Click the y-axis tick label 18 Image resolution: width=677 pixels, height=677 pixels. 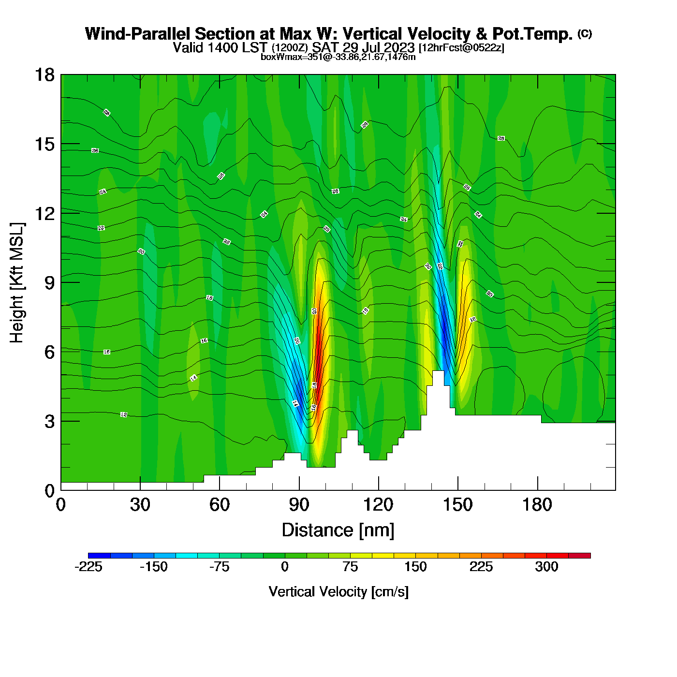pyautogui.click(x=44, y=75)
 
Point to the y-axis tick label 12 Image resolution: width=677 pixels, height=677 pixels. pyautogui.click(x=44, y=213)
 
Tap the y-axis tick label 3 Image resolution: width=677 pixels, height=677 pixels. pyautogui.click(x=49, y=421)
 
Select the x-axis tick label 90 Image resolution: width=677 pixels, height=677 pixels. pyautogui.click(x=299, y=505)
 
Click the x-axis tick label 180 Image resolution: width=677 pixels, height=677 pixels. pyautogui.click(x=537, y=505)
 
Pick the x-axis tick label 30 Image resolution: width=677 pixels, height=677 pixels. pyautogui.click(x=140, y=505)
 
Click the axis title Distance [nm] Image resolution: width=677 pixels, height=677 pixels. pyautogui.click(x=338, y=530)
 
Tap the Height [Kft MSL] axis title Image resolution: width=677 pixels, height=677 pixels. pyautogui.click(x=17, y=283)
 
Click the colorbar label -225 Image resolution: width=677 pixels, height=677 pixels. pyautogui.click(x=88, y=567)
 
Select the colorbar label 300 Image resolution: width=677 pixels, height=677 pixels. pyautogui.click(x=546, y=567)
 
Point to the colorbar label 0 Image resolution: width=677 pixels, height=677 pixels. pyautogui.click(x=285, y=567)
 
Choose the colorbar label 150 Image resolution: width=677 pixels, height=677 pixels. pyautogui.click(x=415, y=567)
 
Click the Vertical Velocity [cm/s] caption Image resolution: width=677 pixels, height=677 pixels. pyautogui.click(x=338, y=591)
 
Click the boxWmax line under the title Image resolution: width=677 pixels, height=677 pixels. pyautogui.click(x=338, y=57)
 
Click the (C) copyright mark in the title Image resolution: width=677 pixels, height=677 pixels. pyautogui.click(x=584, y=33)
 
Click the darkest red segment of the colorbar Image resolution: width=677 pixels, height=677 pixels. pyautogui.click(x=579, y=555)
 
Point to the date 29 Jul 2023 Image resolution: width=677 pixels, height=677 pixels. pyautogui.click(x=379, y=47)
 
